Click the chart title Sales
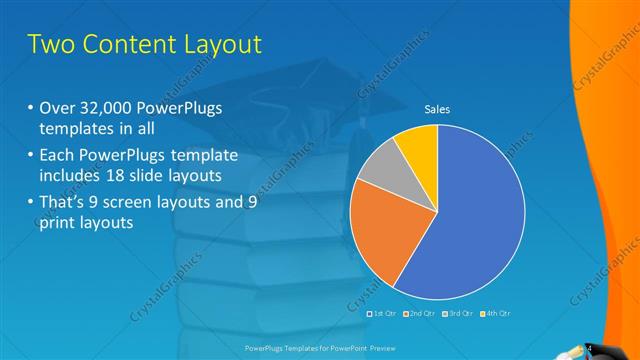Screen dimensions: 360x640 tap(436, 110)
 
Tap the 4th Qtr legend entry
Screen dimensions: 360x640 tap(494, 313)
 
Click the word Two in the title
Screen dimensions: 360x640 tap(50, 45)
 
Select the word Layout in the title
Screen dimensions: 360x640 tap(227, 45)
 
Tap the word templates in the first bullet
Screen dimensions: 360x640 tap(76, 130)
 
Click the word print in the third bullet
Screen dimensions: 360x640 tap(58, 223)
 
